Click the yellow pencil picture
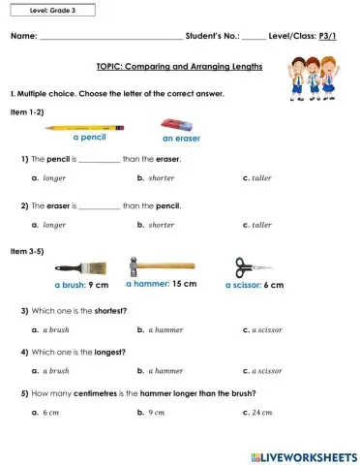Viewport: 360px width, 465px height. tap(86, 127)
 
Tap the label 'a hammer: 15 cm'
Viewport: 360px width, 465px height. tap(162, 285)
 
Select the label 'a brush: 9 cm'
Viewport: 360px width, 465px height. tap(81, 286)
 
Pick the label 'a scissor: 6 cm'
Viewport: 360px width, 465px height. tap(255, 286)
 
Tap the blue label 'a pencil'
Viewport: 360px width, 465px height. tap(89, 138)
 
